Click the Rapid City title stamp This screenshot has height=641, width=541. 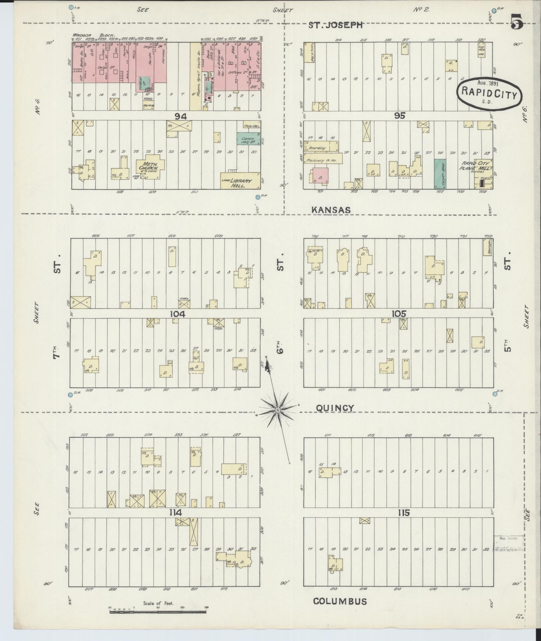pos(489,94)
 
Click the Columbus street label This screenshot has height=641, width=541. pos(340,601)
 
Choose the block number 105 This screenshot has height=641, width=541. pos(399,314)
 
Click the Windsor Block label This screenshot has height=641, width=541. pos(94,35)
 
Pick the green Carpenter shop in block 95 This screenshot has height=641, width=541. pos(440,174)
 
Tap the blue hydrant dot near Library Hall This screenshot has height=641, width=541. pos(258,197)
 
